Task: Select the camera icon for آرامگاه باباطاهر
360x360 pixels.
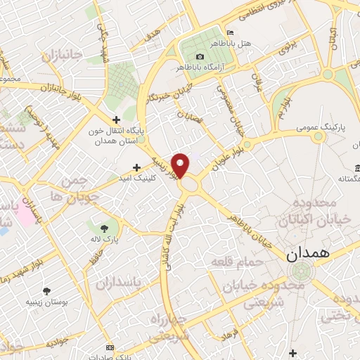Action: click(x=200, y=56)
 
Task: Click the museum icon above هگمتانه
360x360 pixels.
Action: click(x=358, y=168)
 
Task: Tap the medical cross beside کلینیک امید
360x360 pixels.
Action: click(x=136, y=168)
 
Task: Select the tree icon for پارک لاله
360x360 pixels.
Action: click(x=105, y=228)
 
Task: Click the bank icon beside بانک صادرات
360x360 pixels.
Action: click(x=109, y=347)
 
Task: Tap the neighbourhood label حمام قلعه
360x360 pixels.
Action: click(x=236, y=262)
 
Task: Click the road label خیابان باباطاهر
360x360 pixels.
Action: click(x=250, y=231)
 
